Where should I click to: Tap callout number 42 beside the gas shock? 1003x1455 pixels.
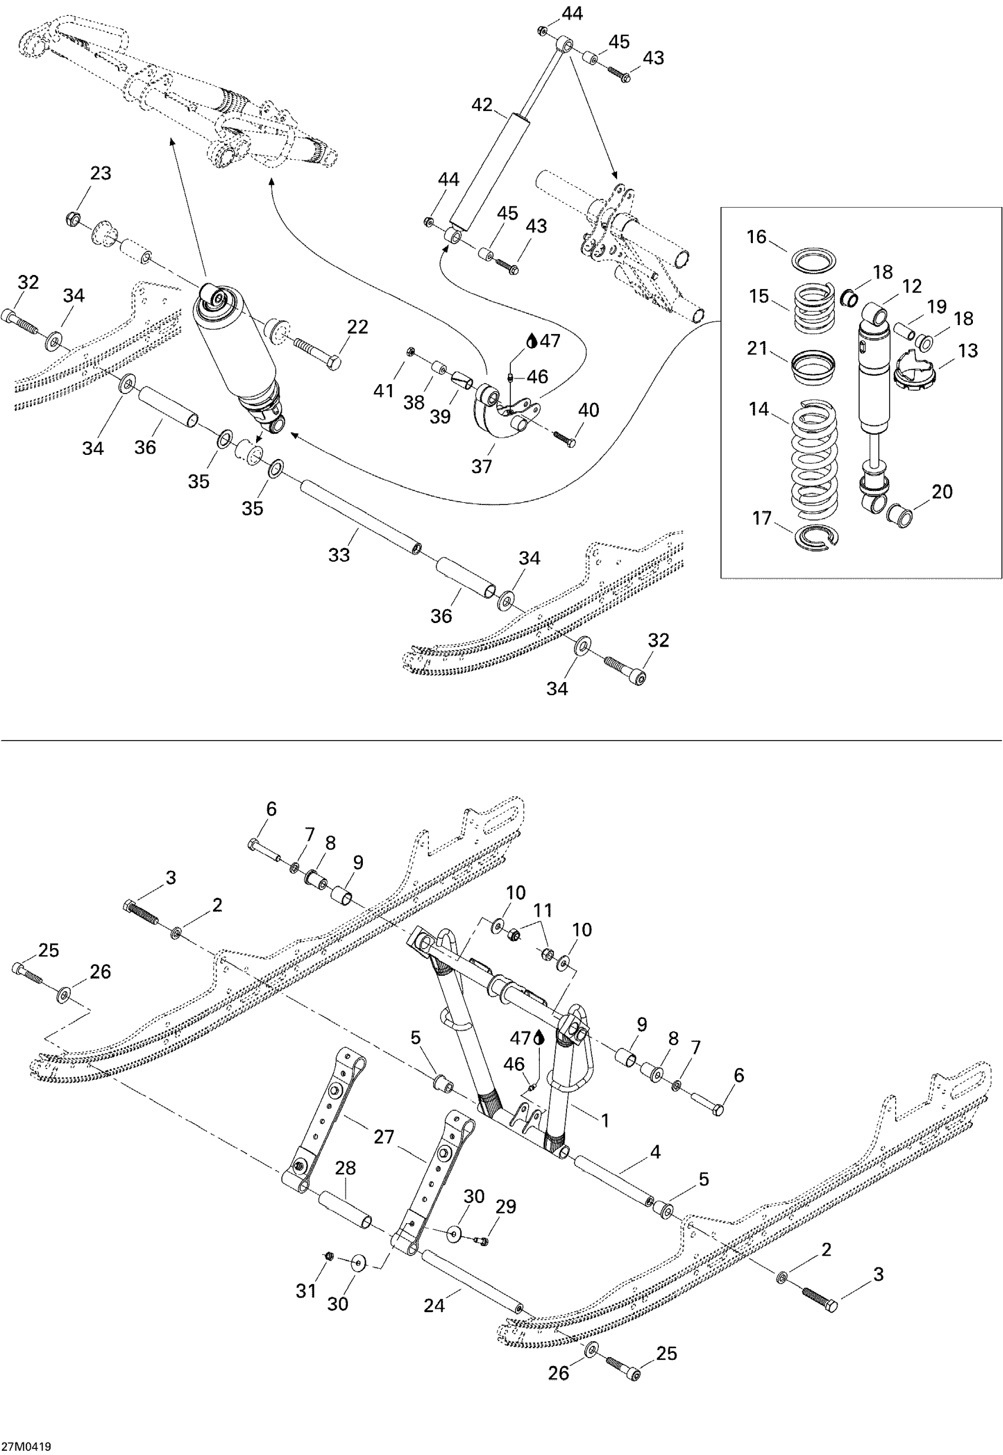[x=481, y=105]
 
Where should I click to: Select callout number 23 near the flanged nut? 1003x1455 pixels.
[x=100, y=173]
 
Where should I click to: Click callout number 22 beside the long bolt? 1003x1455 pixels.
[x=357, y=327]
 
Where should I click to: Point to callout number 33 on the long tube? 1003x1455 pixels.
[x=339, y=555]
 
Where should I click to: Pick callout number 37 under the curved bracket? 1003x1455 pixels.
[x=481, y=466]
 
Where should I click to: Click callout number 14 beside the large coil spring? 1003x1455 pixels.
[x=759, y=409]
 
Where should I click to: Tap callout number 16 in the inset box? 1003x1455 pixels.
[x=756, y=237]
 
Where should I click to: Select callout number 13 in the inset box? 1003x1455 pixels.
[x=968, y=350]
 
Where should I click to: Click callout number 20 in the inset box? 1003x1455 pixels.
[x=942, y=491]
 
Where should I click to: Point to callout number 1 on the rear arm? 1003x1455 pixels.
[x=605, y=1120]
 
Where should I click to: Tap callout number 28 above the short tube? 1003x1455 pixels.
[x=345, y=1168]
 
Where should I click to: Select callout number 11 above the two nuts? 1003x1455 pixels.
[x=542, y=910]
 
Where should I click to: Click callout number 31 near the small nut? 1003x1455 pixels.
[x=306, y=1291]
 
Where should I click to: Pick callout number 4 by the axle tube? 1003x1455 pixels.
[x=655, y=1152]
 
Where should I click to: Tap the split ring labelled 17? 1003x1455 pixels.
[x=815, y=538]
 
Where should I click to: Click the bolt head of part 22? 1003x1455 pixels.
[x=335, y=362]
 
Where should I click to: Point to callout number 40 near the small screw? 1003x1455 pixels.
[x=588, y=411]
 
